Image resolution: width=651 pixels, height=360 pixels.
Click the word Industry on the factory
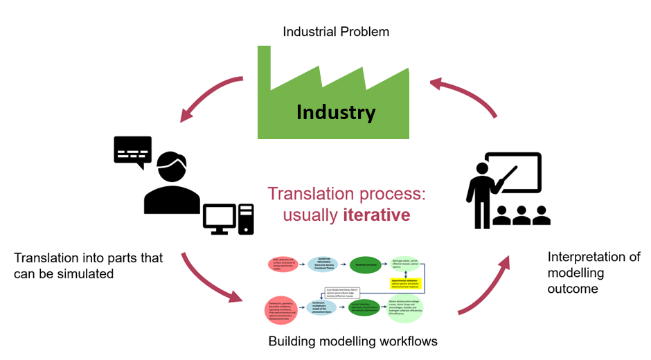(x=336, y=111)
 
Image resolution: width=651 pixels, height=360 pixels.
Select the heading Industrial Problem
(x=336, y=32)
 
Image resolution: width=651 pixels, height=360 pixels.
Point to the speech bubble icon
(x=132, y=150)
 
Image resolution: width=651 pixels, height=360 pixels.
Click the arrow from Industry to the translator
(x=208, y=98)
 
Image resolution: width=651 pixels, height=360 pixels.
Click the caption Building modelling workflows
(x=353, y=341)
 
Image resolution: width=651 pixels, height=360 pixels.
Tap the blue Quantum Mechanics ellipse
(x=323, y=265)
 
